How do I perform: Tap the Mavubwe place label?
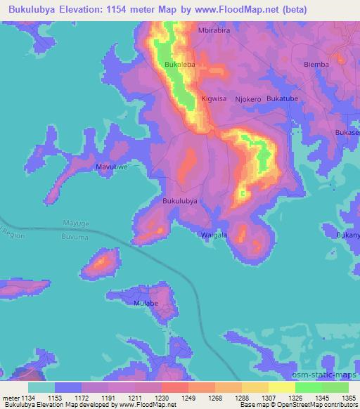pos(112,167)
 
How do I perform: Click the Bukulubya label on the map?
pos(179,201)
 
